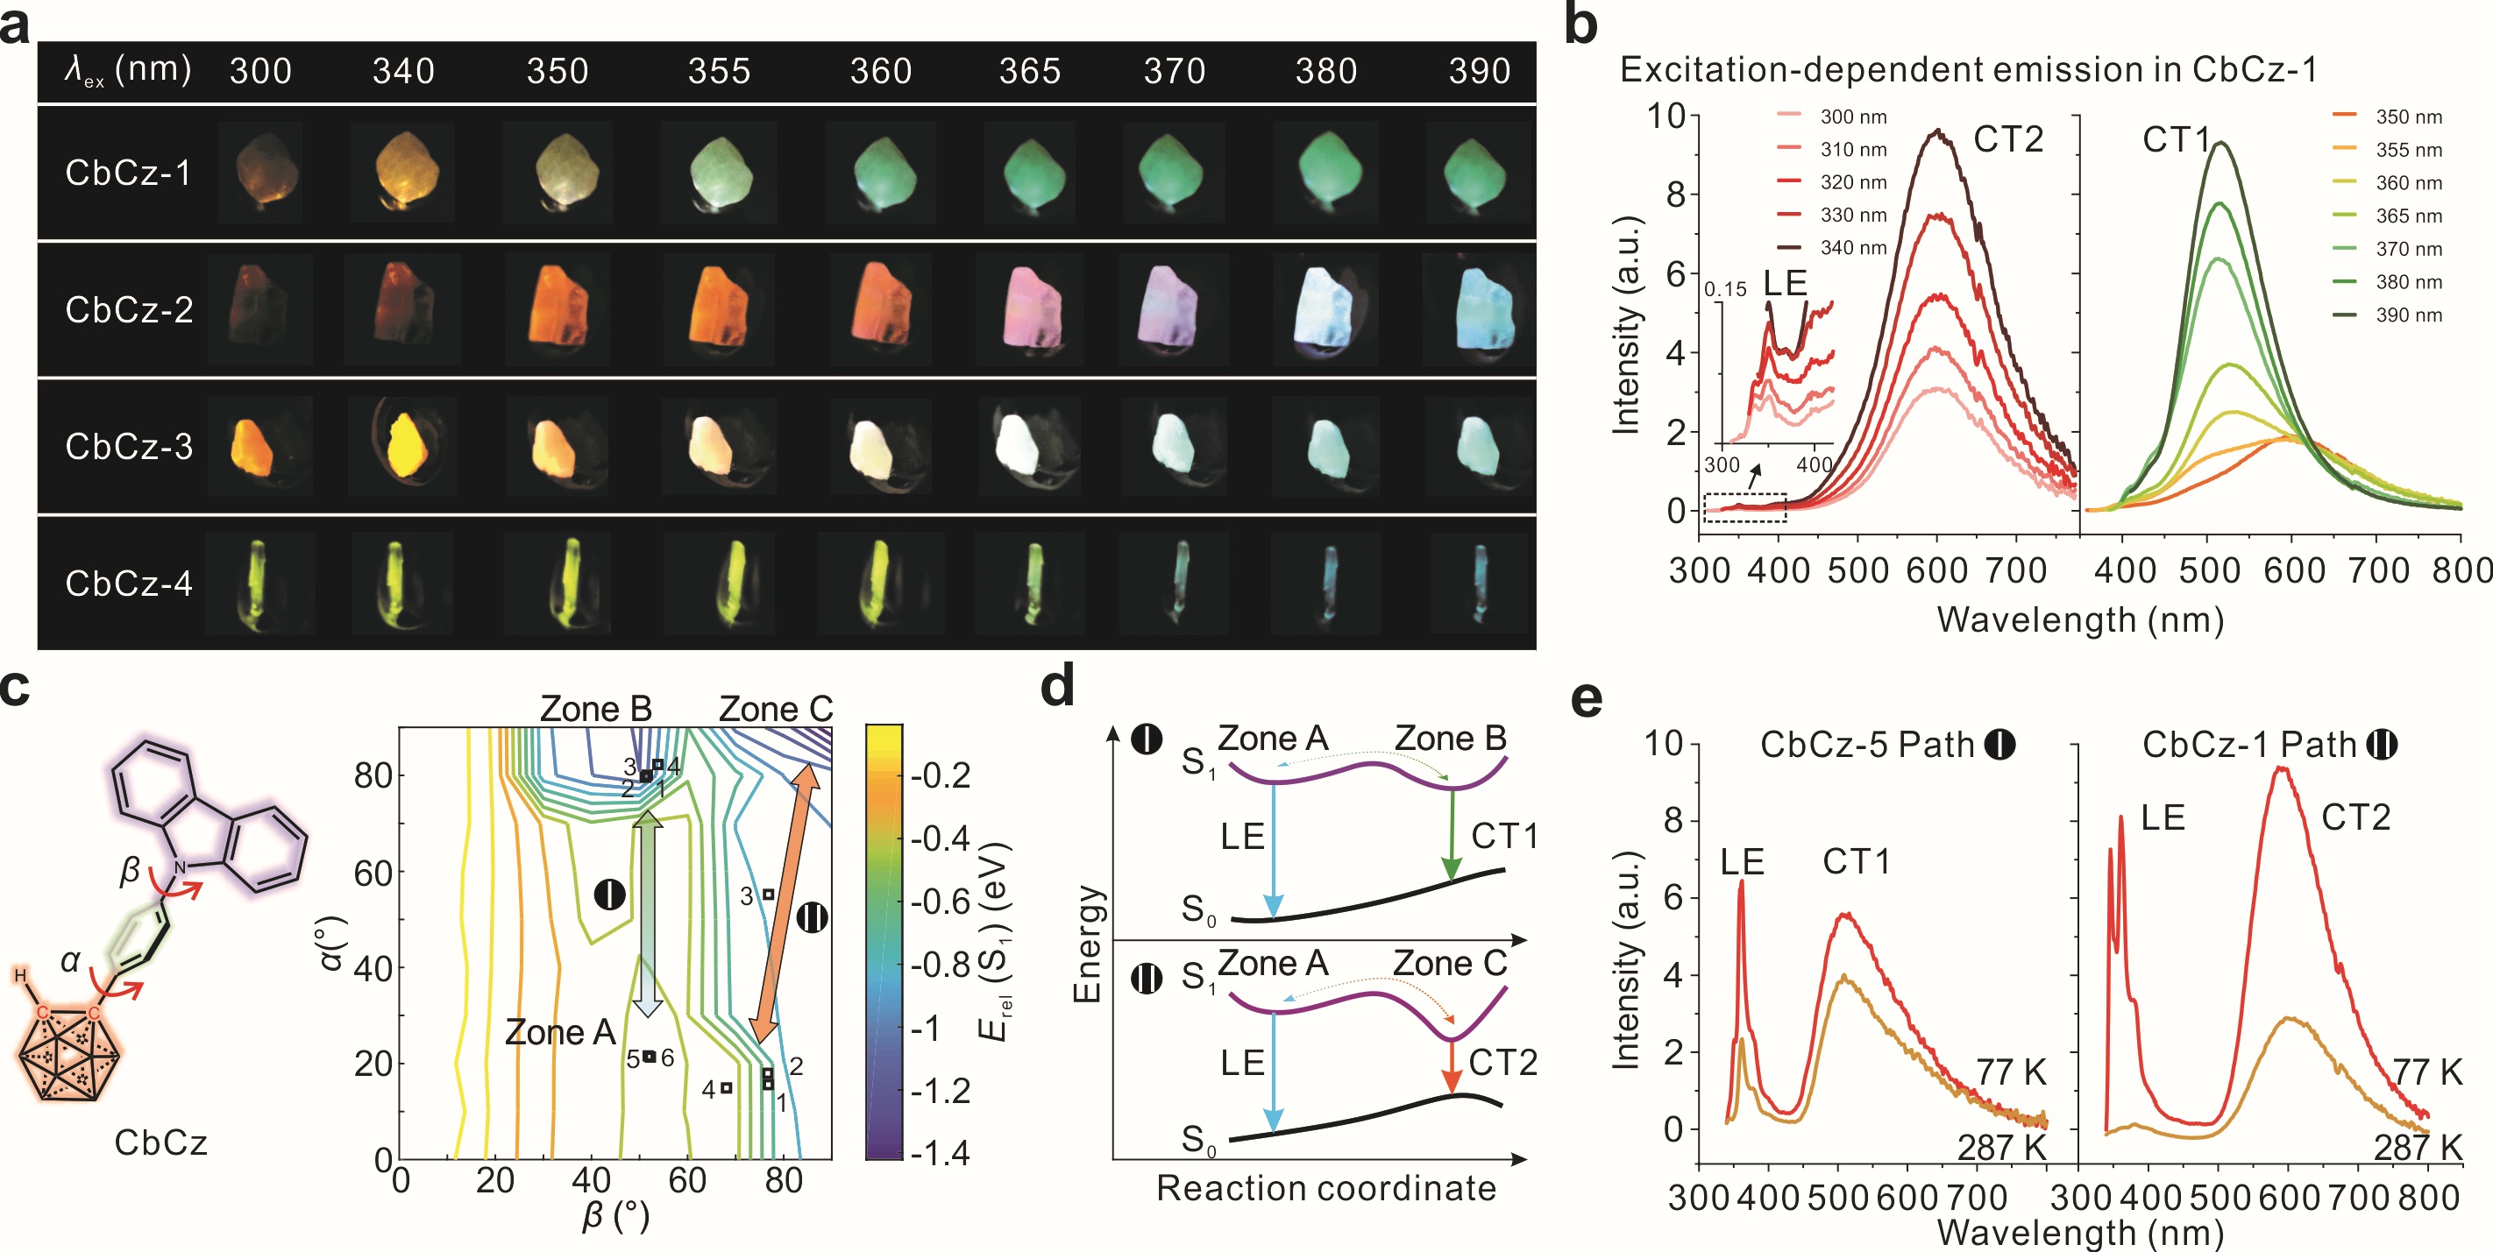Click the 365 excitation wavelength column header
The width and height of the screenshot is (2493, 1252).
(1029, 72)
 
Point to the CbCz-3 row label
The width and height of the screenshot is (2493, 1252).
(129, 446)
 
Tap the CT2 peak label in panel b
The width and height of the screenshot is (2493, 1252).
(2008, 140)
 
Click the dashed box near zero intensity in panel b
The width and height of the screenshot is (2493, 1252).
(1745, 507)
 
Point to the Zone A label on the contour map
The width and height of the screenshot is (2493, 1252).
(559, 1032)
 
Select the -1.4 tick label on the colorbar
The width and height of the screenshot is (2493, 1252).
(940, 1152)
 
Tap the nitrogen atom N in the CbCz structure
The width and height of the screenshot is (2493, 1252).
(180, 866)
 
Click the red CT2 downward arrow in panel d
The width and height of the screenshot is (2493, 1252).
(1451, 1068)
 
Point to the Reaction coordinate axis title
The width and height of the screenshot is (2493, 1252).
(1326, 1188)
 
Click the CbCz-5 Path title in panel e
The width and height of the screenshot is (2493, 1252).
(1886, 745)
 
